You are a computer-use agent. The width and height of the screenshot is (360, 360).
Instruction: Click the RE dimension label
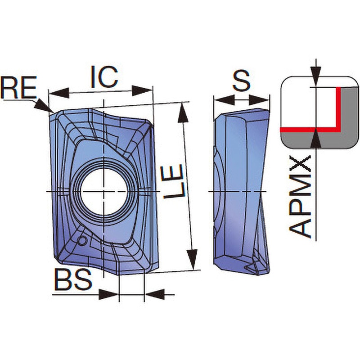pyautogui.click(x=18, y=87)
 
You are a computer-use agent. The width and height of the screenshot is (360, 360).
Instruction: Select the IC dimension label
pyautogui.click(x=104, y=77)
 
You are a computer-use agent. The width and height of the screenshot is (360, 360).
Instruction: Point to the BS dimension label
pyautogui.click(x=73, y=279)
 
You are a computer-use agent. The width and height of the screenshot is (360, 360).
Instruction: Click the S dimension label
pyautogui.click(x=241, y=81)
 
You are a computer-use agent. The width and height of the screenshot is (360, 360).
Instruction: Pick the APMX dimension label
pyautogui.click(x=300, y=197)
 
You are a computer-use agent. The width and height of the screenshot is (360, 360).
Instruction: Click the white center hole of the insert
pyautogui.click(x=104, y=191)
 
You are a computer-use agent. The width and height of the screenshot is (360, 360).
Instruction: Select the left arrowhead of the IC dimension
pyautogui.click(x=59, y=93)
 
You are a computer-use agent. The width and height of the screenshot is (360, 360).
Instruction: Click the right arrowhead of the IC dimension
pyautogui.click(x=142, y=90)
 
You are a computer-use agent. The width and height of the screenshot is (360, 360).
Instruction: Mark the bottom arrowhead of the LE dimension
pyautogui.click(x=193, y=260)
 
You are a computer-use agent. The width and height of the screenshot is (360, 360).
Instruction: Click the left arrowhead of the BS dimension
pyautogui.click(x=108, y=294)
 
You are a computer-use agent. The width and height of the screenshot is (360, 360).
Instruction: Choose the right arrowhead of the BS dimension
pyautogui.click(x=155, y=294)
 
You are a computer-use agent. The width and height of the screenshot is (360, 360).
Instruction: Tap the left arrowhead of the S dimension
pyautogui.click(x=224, y=100)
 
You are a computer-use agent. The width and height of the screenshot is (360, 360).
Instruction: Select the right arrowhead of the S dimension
pyautogui.click(x=259, y=100)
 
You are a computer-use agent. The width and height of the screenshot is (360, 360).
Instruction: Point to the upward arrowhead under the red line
pyautogui.click(x=316, y=138)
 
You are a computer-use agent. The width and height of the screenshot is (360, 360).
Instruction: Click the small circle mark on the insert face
pyautogui.click(x=83, y=241)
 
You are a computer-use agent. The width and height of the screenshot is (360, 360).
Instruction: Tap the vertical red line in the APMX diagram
pyautogui.click(x=338, y=108)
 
